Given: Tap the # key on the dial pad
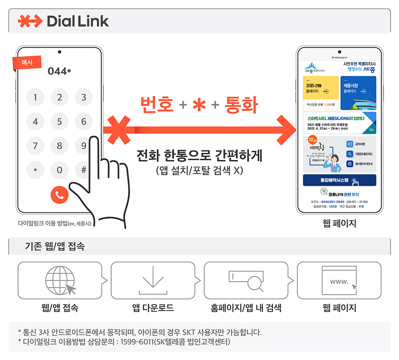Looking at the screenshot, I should point(84,169).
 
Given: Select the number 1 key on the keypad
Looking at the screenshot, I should point(35,98).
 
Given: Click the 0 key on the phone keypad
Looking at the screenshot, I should point(59,169).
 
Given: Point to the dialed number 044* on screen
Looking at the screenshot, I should point(59,71).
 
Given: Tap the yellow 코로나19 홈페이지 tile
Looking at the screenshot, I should point(321,93).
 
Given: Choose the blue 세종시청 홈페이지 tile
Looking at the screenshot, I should point(358,93).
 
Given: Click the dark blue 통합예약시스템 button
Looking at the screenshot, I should point(339,181).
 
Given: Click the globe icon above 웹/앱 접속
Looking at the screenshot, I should point(60,280).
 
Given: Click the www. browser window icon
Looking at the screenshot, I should point(339,280).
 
